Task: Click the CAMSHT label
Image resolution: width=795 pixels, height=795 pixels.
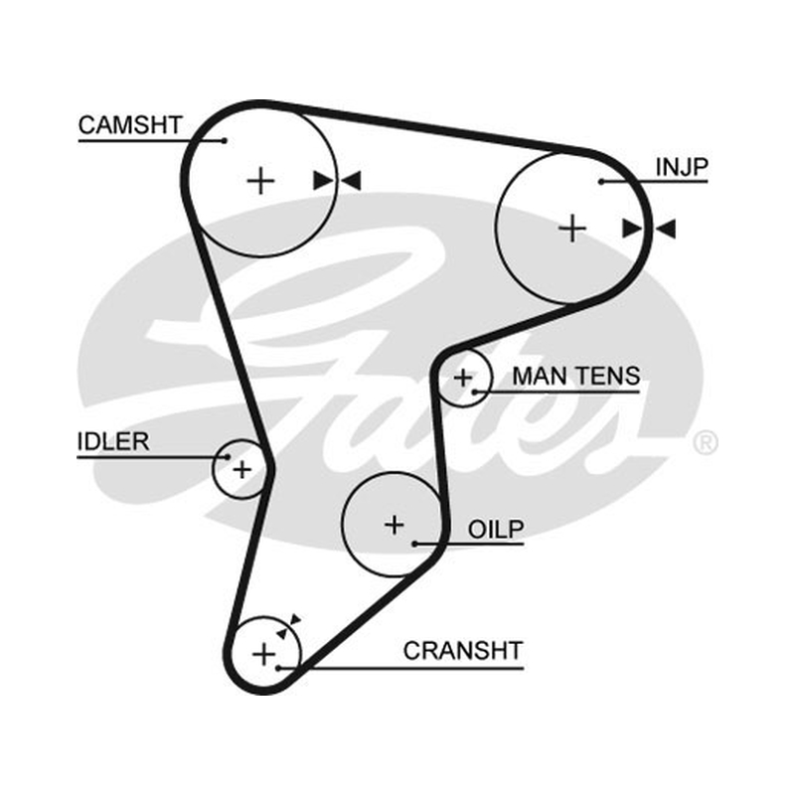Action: coord(130,125)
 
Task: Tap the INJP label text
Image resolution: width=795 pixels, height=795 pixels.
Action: coord(682,167)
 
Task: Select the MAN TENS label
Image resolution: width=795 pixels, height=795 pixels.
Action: coord(576,377)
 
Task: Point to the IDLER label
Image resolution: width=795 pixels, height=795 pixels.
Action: coord(113,441)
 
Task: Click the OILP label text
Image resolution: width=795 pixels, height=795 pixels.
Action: coord(495,530)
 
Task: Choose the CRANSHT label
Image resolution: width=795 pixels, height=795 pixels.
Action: coord(462,651)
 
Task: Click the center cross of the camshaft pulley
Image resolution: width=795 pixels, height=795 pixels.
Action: coord(260,181)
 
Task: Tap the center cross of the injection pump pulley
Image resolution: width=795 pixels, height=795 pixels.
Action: coord(572,229)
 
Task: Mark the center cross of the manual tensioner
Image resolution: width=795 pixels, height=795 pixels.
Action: coord(463,378)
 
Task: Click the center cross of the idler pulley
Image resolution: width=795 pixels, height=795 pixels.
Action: coord(241,469)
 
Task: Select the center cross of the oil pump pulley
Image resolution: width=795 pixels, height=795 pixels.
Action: coord(395,525)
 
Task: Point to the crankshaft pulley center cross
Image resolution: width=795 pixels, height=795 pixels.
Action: coord(263,654)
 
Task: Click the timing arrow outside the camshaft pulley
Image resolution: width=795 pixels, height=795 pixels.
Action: coord(351,181)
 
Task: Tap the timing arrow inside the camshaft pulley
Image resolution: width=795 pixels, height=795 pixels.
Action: coord(323,181)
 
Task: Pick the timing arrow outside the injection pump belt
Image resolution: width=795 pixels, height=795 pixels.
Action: coord(665,230)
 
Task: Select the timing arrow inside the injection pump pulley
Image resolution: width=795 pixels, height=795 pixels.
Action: coord(632,230)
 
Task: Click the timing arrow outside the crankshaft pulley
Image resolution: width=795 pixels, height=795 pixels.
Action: coord(295,619)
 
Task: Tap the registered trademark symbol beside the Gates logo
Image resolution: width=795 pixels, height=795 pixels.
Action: coord(706,442)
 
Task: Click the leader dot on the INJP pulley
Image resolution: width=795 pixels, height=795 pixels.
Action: coord(601,182)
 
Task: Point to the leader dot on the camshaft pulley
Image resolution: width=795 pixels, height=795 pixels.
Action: coord(225,140)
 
